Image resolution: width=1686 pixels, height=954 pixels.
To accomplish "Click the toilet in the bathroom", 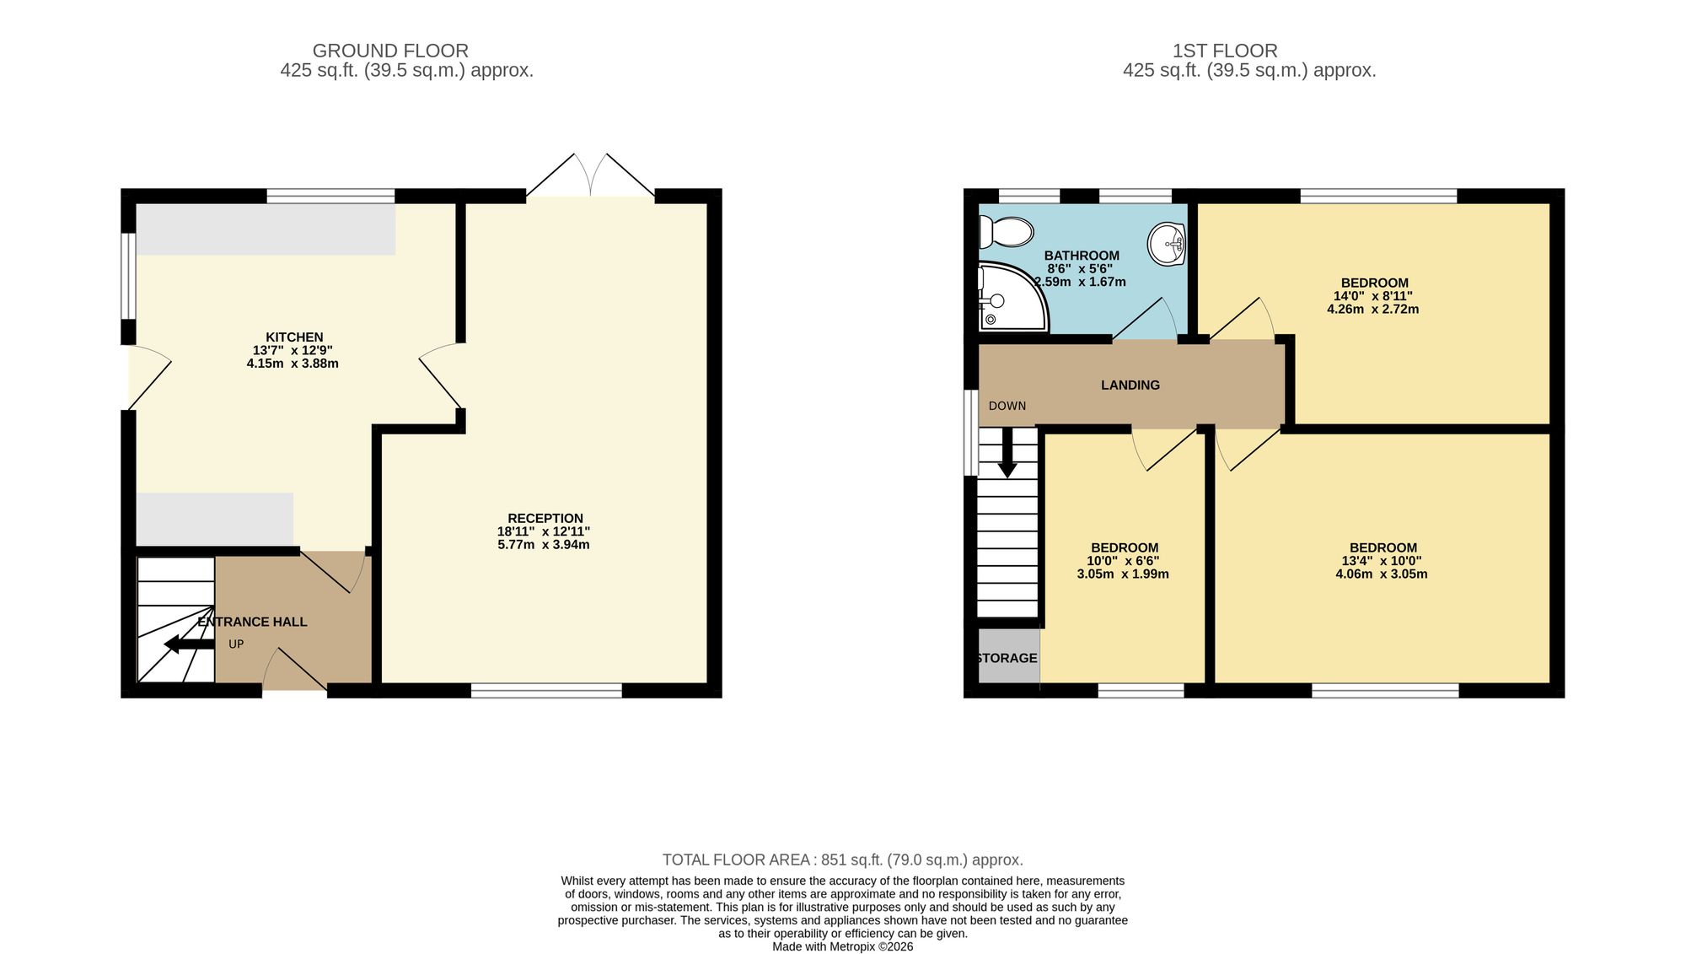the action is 1007,231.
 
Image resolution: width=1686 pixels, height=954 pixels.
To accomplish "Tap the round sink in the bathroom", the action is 1167,244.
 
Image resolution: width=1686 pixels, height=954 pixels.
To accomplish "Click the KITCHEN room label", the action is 294,337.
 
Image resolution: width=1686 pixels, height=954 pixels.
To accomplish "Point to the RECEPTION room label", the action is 545,518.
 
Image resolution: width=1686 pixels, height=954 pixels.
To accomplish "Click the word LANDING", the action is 1130,385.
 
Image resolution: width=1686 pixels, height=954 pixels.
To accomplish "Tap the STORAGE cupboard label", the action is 1007,658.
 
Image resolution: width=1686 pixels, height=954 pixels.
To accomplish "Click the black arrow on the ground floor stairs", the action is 189,644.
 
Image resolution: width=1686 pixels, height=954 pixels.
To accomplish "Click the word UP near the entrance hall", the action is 236,644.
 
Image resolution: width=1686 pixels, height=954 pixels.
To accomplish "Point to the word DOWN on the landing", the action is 1007,406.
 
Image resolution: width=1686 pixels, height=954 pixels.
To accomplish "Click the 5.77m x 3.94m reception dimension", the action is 544,545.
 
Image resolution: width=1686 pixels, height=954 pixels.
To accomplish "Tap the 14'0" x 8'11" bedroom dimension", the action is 1373,296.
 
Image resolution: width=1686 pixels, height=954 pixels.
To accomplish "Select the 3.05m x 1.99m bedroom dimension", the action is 1123,574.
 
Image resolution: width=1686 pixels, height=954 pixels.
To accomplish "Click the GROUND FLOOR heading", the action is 390,51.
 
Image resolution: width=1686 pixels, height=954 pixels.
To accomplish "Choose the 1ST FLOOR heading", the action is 1225,51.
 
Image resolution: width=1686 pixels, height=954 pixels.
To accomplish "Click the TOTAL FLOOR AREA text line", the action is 843,860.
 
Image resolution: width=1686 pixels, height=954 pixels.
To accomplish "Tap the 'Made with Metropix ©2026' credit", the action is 843,946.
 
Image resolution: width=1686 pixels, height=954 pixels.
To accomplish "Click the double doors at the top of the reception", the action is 591,175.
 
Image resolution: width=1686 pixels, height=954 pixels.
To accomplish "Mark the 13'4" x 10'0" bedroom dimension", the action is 1382,561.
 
